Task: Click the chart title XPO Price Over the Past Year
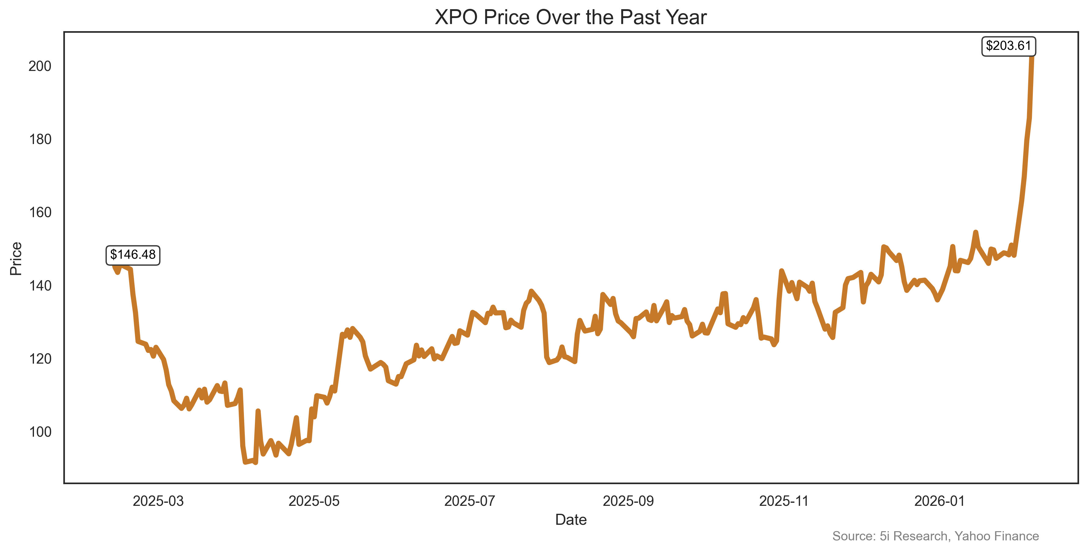click(x=570, y=18)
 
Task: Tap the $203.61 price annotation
click(x=1009, y=46)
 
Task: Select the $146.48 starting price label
click(x=133, y=255)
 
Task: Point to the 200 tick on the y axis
click(x=40, y=66)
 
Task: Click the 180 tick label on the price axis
click(x=40, y=139)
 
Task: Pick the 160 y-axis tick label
click(x=40, y=213)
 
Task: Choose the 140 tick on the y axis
click(x=40, y=286)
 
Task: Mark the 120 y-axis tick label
click(x=40, y=359)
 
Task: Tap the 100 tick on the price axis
click(x=40, y=432)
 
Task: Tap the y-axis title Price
click(x=16, y=258)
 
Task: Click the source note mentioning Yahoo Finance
click(x=936, y=536)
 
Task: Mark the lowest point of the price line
click(x=245, y=462)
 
